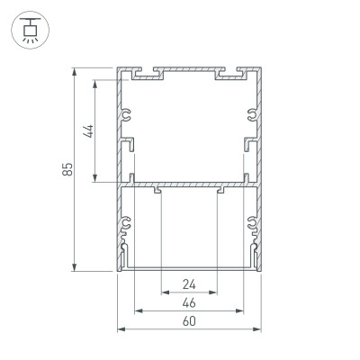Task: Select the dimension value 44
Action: (x=87, y=131)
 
